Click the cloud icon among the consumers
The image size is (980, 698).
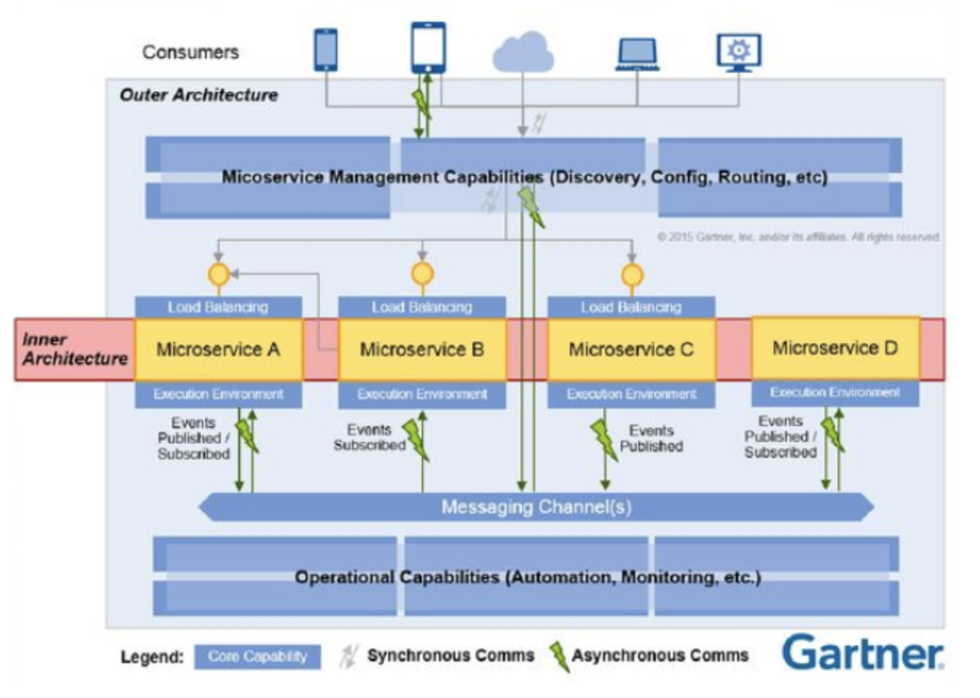[x=523, y=52]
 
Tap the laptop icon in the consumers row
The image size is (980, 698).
[x=637, y=54]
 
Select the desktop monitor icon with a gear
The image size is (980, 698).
[x=739, y=52]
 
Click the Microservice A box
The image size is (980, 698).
[x=218, y=350]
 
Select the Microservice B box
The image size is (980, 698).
[x=422, y=350]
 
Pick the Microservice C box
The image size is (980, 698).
[x=631, y=350]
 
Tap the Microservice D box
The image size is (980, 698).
[x=835, y=348]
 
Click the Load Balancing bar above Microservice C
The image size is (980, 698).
[x=631, y=307]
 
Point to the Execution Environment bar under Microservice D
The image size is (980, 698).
[x=835, y=393]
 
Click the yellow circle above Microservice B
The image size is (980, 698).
[x=422, y=274]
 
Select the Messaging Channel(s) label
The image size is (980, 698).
[x=536, y=507]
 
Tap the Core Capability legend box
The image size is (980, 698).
[x=257, y=657]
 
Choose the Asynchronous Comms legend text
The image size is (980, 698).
[x=659, y=656]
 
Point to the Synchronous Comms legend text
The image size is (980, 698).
[x=450, y=656]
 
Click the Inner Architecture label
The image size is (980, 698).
[x=74, y=349]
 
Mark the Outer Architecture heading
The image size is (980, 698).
[x=198, y=95]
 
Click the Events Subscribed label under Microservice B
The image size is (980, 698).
[x=369, y=438]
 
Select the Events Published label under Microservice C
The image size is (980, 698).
[x=651, y=438]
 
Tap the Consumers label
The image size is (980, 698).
[x=190, y=52]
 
